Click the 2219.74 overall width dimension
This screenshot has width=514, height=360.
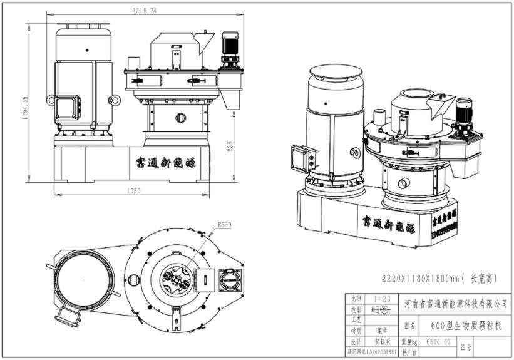pos(145,11)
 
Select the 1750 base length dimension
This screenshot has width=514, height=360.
pos(133,191)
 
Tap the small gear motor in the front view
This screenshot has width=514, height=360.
pos(230,48)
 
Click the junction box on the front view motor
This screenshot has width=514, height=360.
pos(67,107)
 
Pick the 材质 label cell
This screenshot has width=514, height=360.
pos(356,331)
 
